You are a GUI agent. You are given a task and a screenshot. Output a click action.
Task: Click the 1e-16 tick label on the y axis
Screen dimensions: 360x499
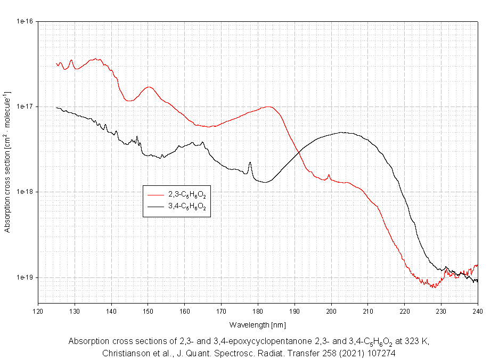(25, 21)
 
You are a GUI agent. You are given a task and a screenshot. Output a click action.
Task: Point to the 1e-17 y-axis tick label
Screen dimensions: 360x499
(25, 107)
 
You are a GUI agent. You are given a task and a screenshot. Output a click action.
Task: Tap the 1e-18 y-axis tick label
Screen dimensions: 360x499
(25, 192)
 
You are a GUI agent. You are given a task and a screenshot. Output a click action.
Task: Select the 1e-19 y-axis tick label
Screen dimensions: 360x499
(25, 277)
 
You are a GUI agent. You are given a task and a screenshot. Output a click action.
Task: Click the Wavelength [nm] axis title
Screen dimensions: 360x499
(258, 324)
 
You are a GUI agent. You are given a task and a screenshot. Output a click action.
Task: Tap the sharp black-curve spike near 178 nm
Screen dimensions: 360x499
(250, 162)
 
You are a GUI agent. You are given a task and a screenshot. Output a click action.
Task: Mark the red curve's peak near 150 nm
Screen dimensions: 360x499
(149, 87)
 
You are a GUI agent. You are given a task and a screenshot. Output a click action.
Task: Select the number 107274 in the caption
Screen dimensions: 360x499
(381, 353)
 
